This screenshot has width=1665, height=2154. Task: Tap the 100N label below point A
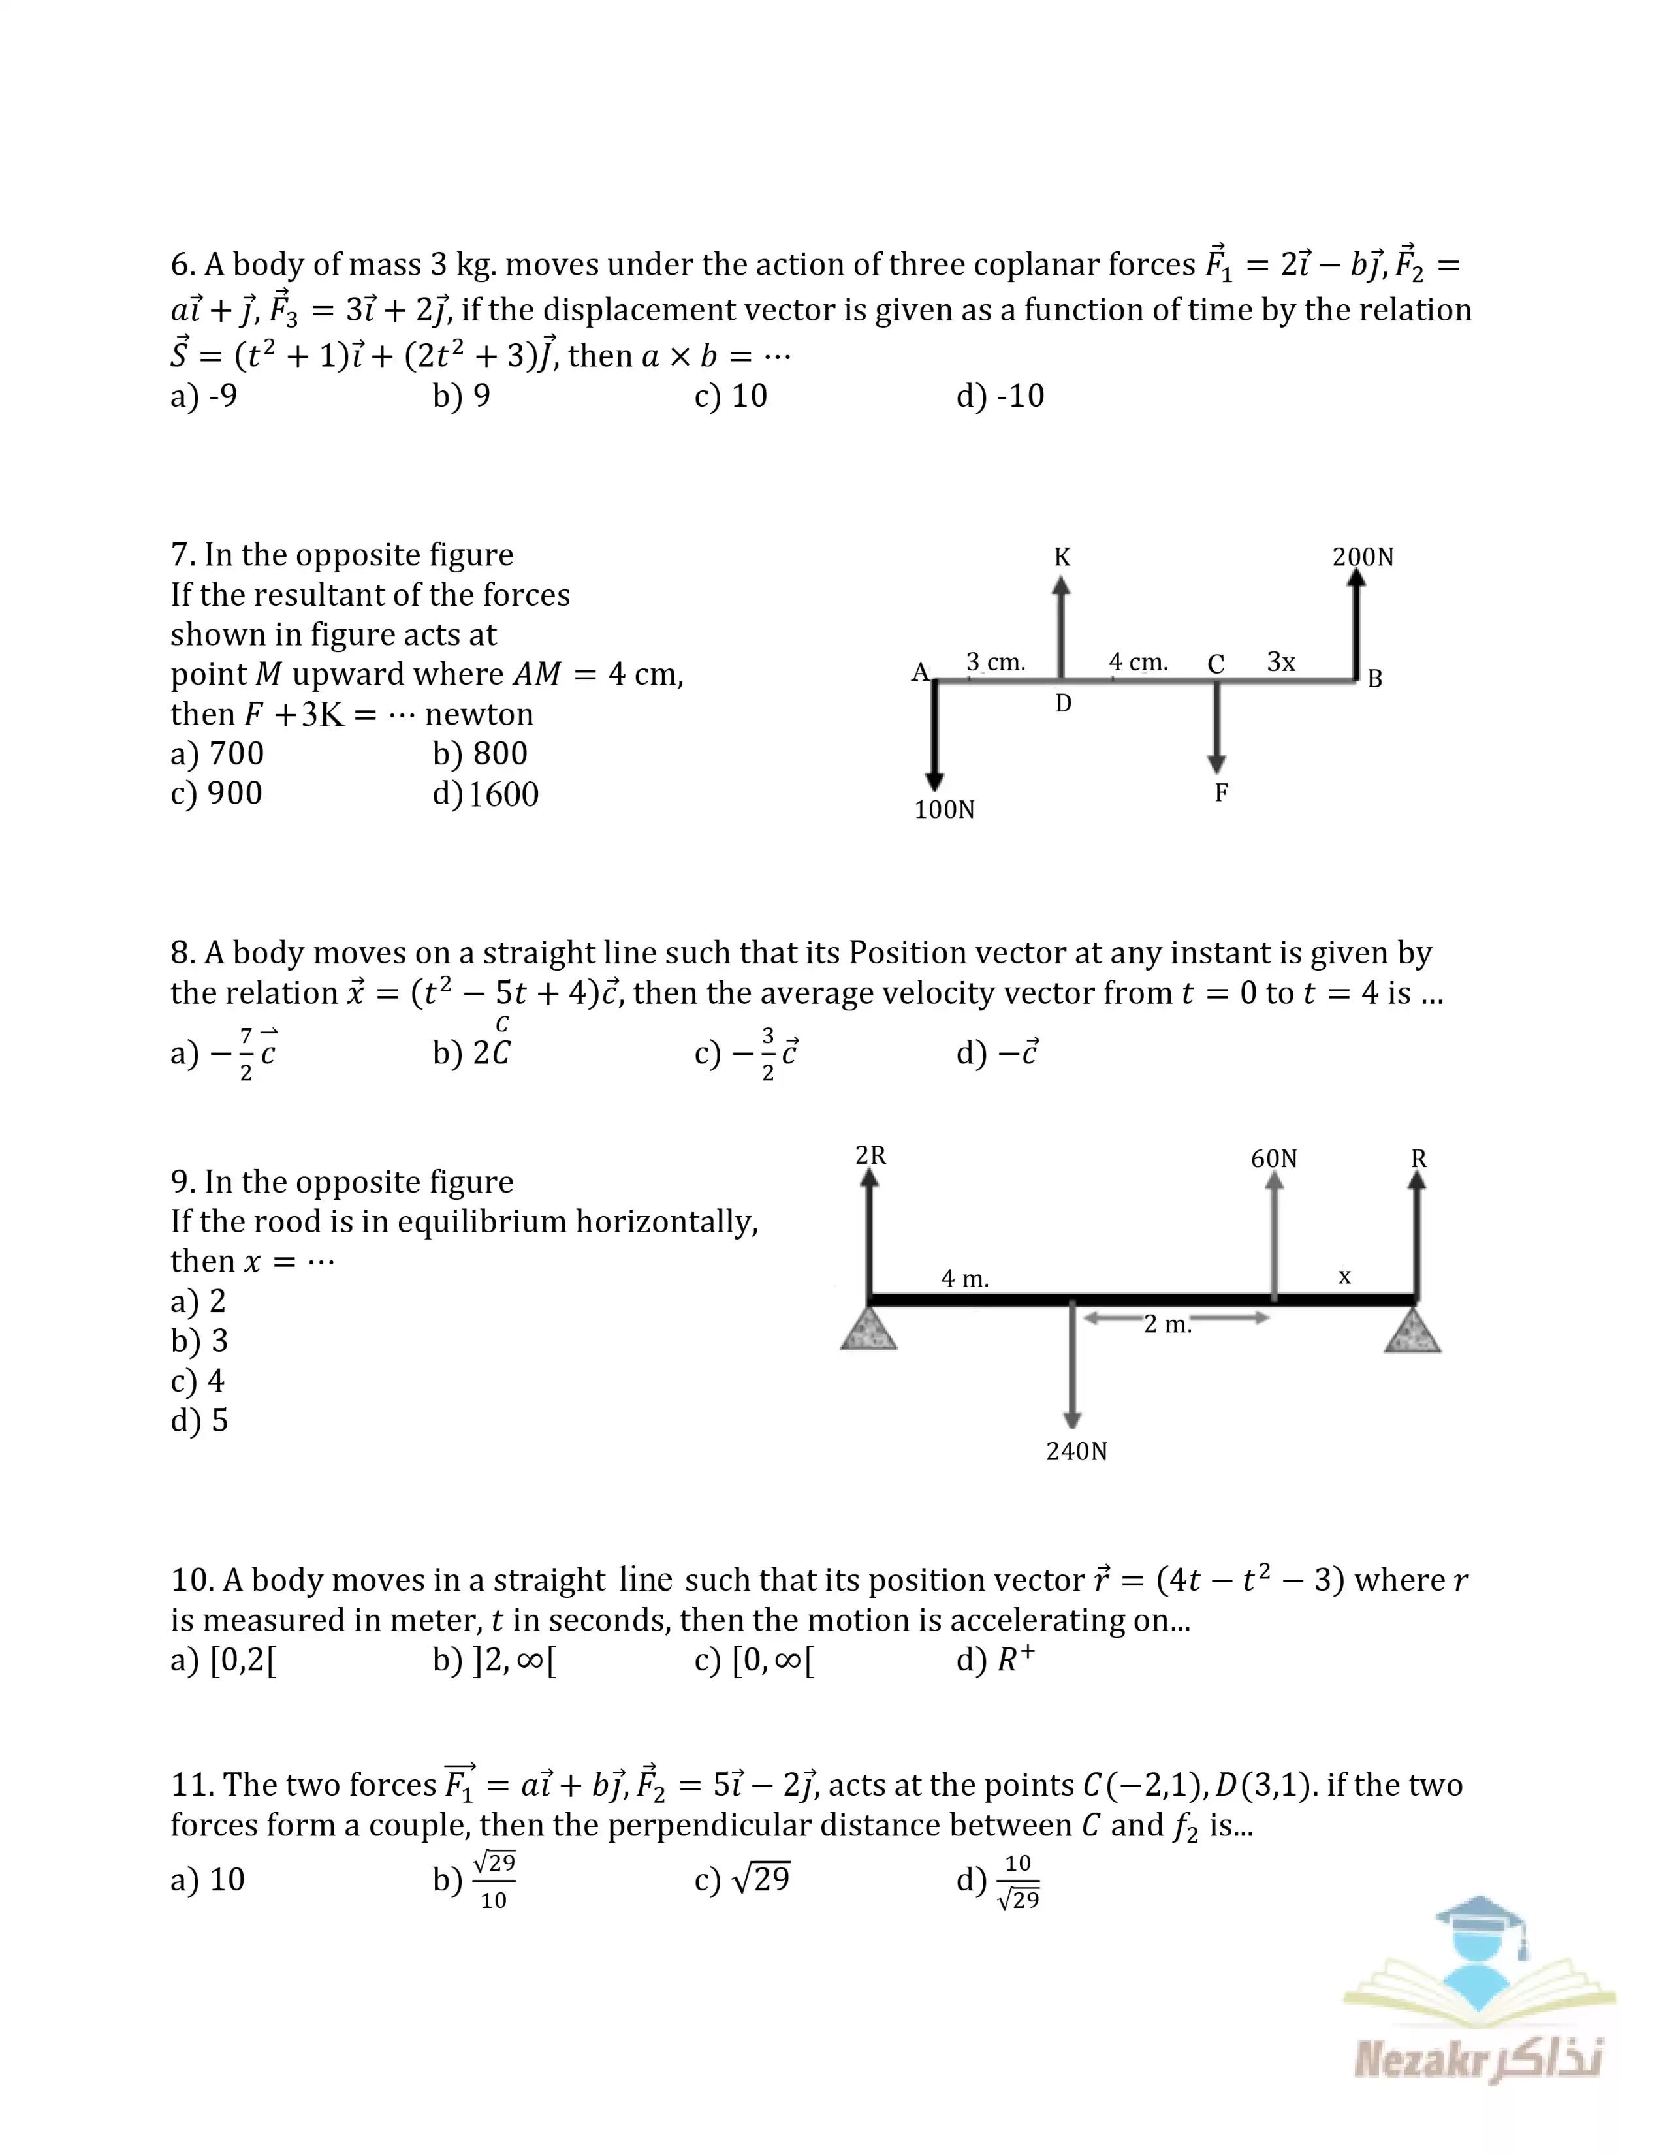(944, 810)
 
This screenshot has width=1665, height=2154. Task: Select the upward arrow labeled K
(1060, 626)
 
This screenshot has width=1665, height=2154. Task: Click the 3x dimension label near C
(1280, 662)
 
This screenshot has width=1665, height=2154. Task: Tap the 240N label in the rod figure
(1076, 1452)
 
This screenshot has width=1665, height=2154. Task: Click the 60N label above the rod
(1273, 1159)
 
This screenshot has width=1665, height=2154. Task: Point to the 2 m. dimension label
(1168, 1324)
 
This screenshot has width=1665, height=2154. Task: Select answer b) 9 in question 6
(462, 396)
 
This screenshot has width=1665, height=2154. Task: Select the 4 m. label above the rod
(964, 1279)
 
